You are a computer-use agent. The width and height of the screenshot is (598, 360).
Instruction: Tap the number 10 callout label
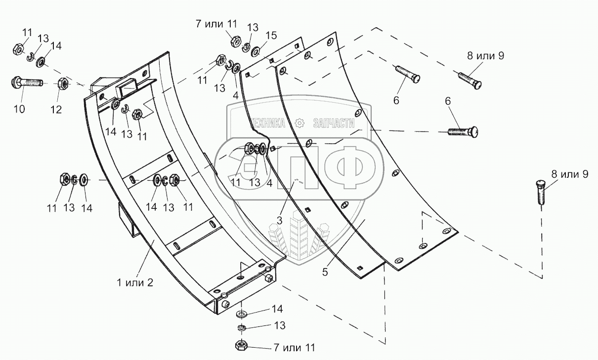point(19,109)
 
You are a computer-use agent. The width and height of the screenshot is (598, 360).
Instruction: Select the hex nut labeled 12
point(63,84)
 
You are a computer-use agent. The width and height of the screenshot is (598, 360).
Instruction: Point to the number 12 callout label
point(56,109)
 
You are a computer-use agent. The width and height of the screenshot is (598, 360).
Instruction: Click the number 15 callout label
point(271,36)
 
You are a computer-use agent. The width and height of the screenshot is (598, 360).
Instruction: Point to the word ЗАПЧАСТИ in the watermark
point(334,123)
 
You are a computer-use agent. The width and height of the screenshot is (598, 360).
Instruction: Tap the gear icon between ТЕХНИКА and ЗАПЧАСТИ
point(299,123)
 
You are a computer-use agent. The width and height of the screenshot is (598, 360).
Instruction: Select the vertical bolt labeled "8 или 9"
point(542,193)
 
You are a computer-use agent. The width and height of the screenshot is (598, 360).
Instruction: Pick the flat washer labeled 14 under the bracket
point(242,314)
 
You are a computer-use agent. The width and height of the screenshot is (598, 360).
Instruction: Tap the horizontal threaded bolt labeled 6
point(462,132)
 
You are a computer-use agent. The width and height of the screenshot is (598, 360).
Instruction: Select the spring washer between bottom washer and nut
point(242,328)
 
